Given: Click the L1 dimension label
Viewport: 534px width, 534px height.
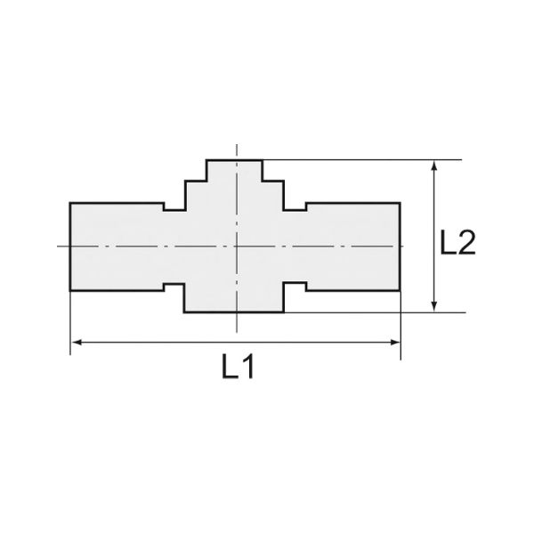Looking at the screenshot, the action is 238,367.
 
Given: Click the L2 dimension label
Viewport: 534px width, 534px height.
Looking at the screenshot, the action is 457,242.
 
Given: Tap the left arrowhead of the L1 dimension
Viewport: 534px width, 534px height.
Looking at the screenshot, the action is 77,342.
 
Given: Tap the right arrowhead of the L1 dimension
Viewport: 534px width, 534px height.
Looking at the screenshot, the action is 394,342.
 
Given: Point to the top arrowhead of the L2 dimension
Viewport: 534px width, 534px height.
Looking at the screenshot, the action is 434,166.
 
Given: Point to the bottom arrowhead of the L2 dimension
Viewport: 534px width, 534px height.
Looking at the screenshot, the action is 434,306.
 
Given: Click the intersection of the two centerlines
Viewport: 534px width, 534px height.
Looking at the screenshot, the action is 237,246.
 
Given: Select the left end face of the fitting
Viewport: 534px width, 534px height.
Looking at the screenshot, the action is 70,247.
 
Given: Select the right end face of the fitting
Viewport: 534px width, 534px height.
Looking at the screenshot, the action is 400,247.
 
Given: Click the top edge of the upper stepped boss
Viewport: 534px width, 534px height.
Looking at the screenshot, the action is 234,160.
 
